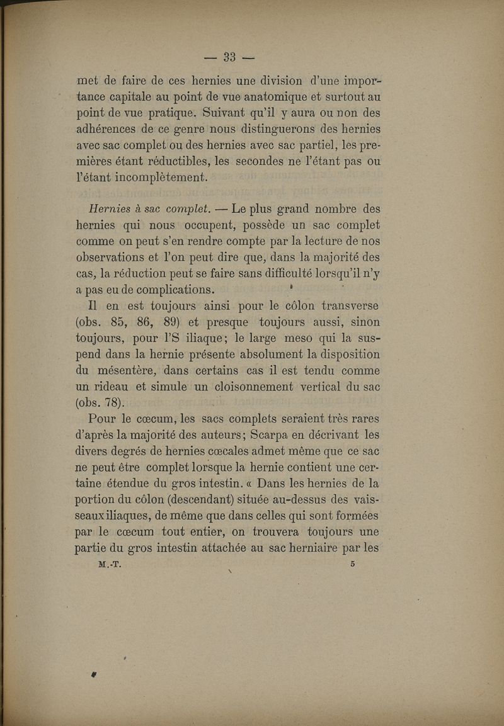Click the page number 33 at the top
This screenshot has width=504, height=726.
(229, 57)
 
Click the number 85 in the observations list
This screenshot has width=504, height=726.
(117, 322)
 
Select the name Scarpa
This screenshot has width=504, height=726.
(271, 434)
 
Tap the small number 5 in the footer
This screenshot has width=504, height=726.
(353, 565)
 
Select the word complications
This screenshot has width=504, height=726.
(169, 290)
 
